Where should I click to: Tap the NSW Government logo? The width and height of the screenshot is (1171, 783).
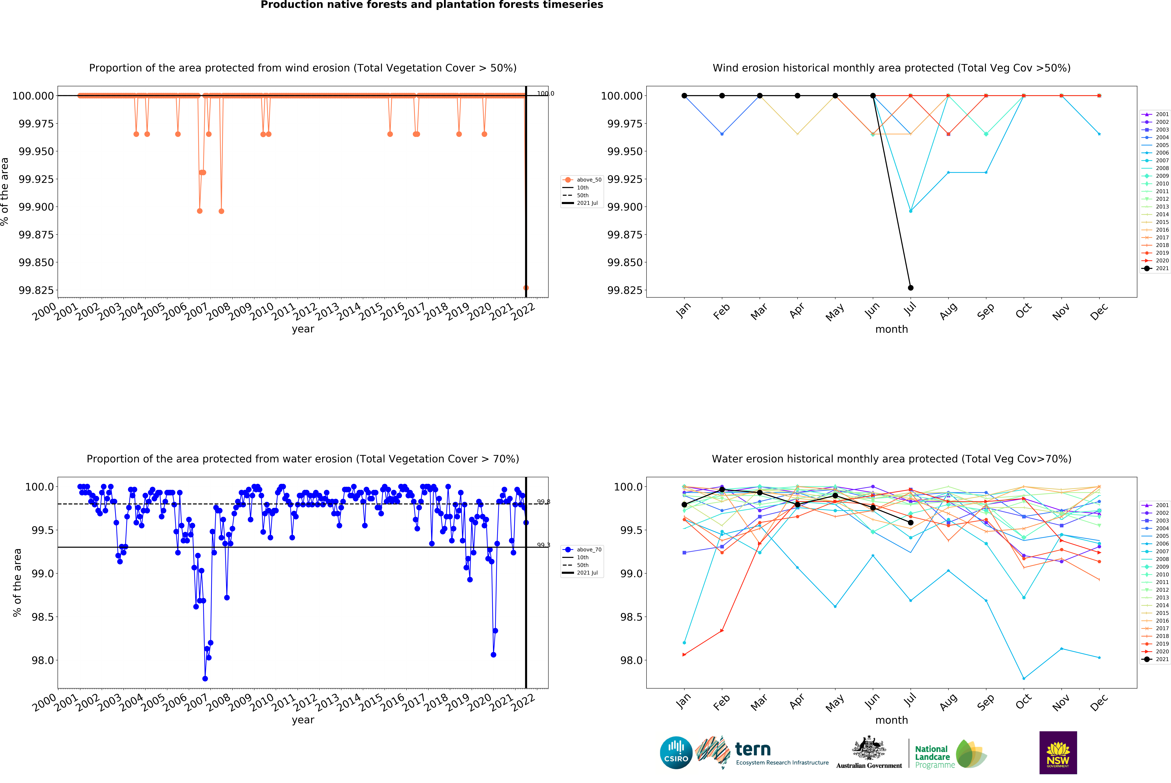click(x=1058, y=752)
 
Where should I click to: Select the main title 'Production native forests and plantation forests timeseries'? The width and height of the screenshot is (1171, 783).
click(x=432, y=5)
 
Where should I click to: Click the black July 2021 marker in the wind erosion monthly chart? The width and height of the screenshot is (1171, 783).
click(x=910, y=288)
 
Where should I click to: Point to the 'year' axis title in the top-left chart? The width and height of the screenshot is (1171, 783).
click(x=303, y=329)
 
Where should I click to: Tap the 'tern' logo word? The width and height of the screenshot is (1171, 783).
click(x=753, y=750)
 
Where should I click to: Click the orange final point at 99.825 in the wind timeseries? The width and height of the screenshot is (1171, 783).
click(x=526, y=288)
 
